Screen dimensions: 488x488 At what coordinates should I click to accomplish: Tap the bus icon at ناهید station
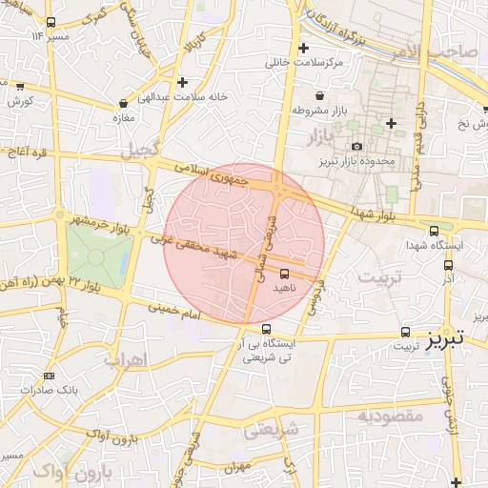(x=284, y=273)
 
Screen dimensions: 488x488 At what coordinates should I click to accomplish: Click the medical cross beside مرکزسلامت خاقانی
(x=304, y=48)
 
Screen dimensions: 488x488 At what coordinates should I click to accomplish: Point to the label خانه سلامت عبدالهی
(x=183, y=96)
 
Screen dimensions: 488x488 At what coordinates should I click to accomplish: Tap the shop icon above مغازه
(x=124, y=103)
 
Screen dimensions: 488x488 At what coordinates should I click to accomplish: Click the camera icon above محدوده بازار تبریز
(x=357, y=146)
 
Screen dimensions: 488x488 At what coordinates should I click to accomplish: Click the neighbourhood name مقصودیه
(x=390, y=416)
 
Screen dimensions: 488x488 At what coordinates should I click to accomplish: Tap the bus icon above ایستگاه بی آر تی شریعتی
(x=266, y=329)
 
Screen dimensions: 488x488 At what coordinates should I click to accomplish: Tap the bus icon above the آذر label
(x=449, y=267)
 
